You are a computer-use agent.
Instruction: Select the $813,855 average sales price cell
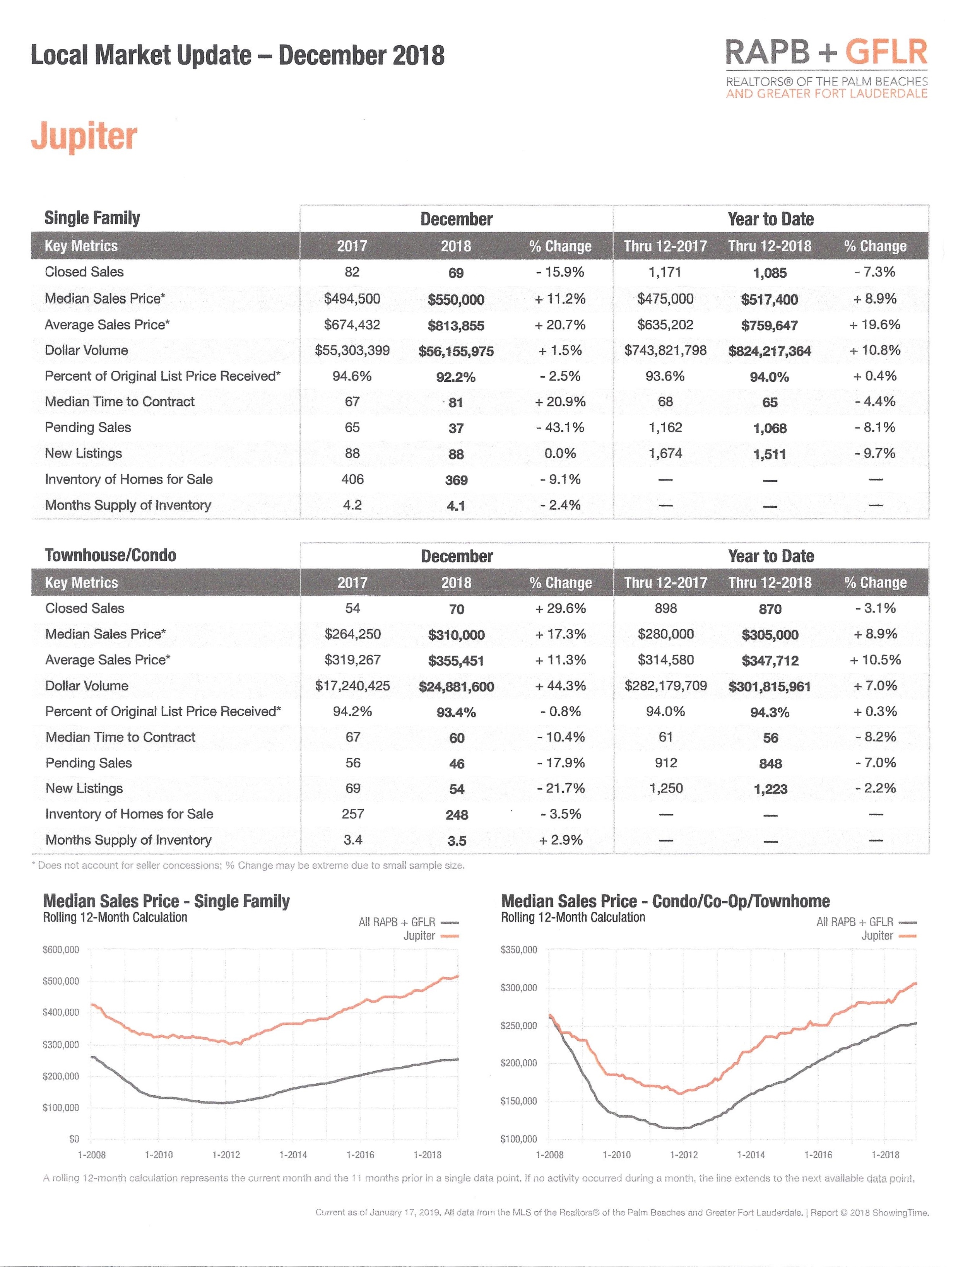pos(456,326)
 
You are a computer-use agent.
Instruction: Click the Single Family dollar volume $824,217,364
pos(770,351)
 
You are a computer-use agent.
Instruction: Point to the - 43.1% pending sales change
pos(560,428)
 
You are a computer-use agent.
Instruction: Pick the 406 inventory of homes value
pos(352,479)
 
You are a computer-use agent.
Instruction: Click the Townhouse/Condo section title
pos(110,555)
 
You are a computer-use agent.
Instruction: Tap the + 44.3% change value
pos(560,686)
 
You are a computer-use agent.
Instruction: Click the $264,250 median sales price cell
pos(352,634)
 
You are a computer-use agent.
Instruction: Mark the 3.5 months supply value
pos(456,841)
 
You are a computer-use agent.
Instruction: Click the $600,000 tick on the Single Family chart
pos(61,950)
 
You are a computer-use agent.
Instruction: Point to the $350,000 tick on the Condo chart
pos(519,950)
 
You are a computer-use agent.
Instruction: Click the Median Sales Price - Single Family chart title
pos(166,901)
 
